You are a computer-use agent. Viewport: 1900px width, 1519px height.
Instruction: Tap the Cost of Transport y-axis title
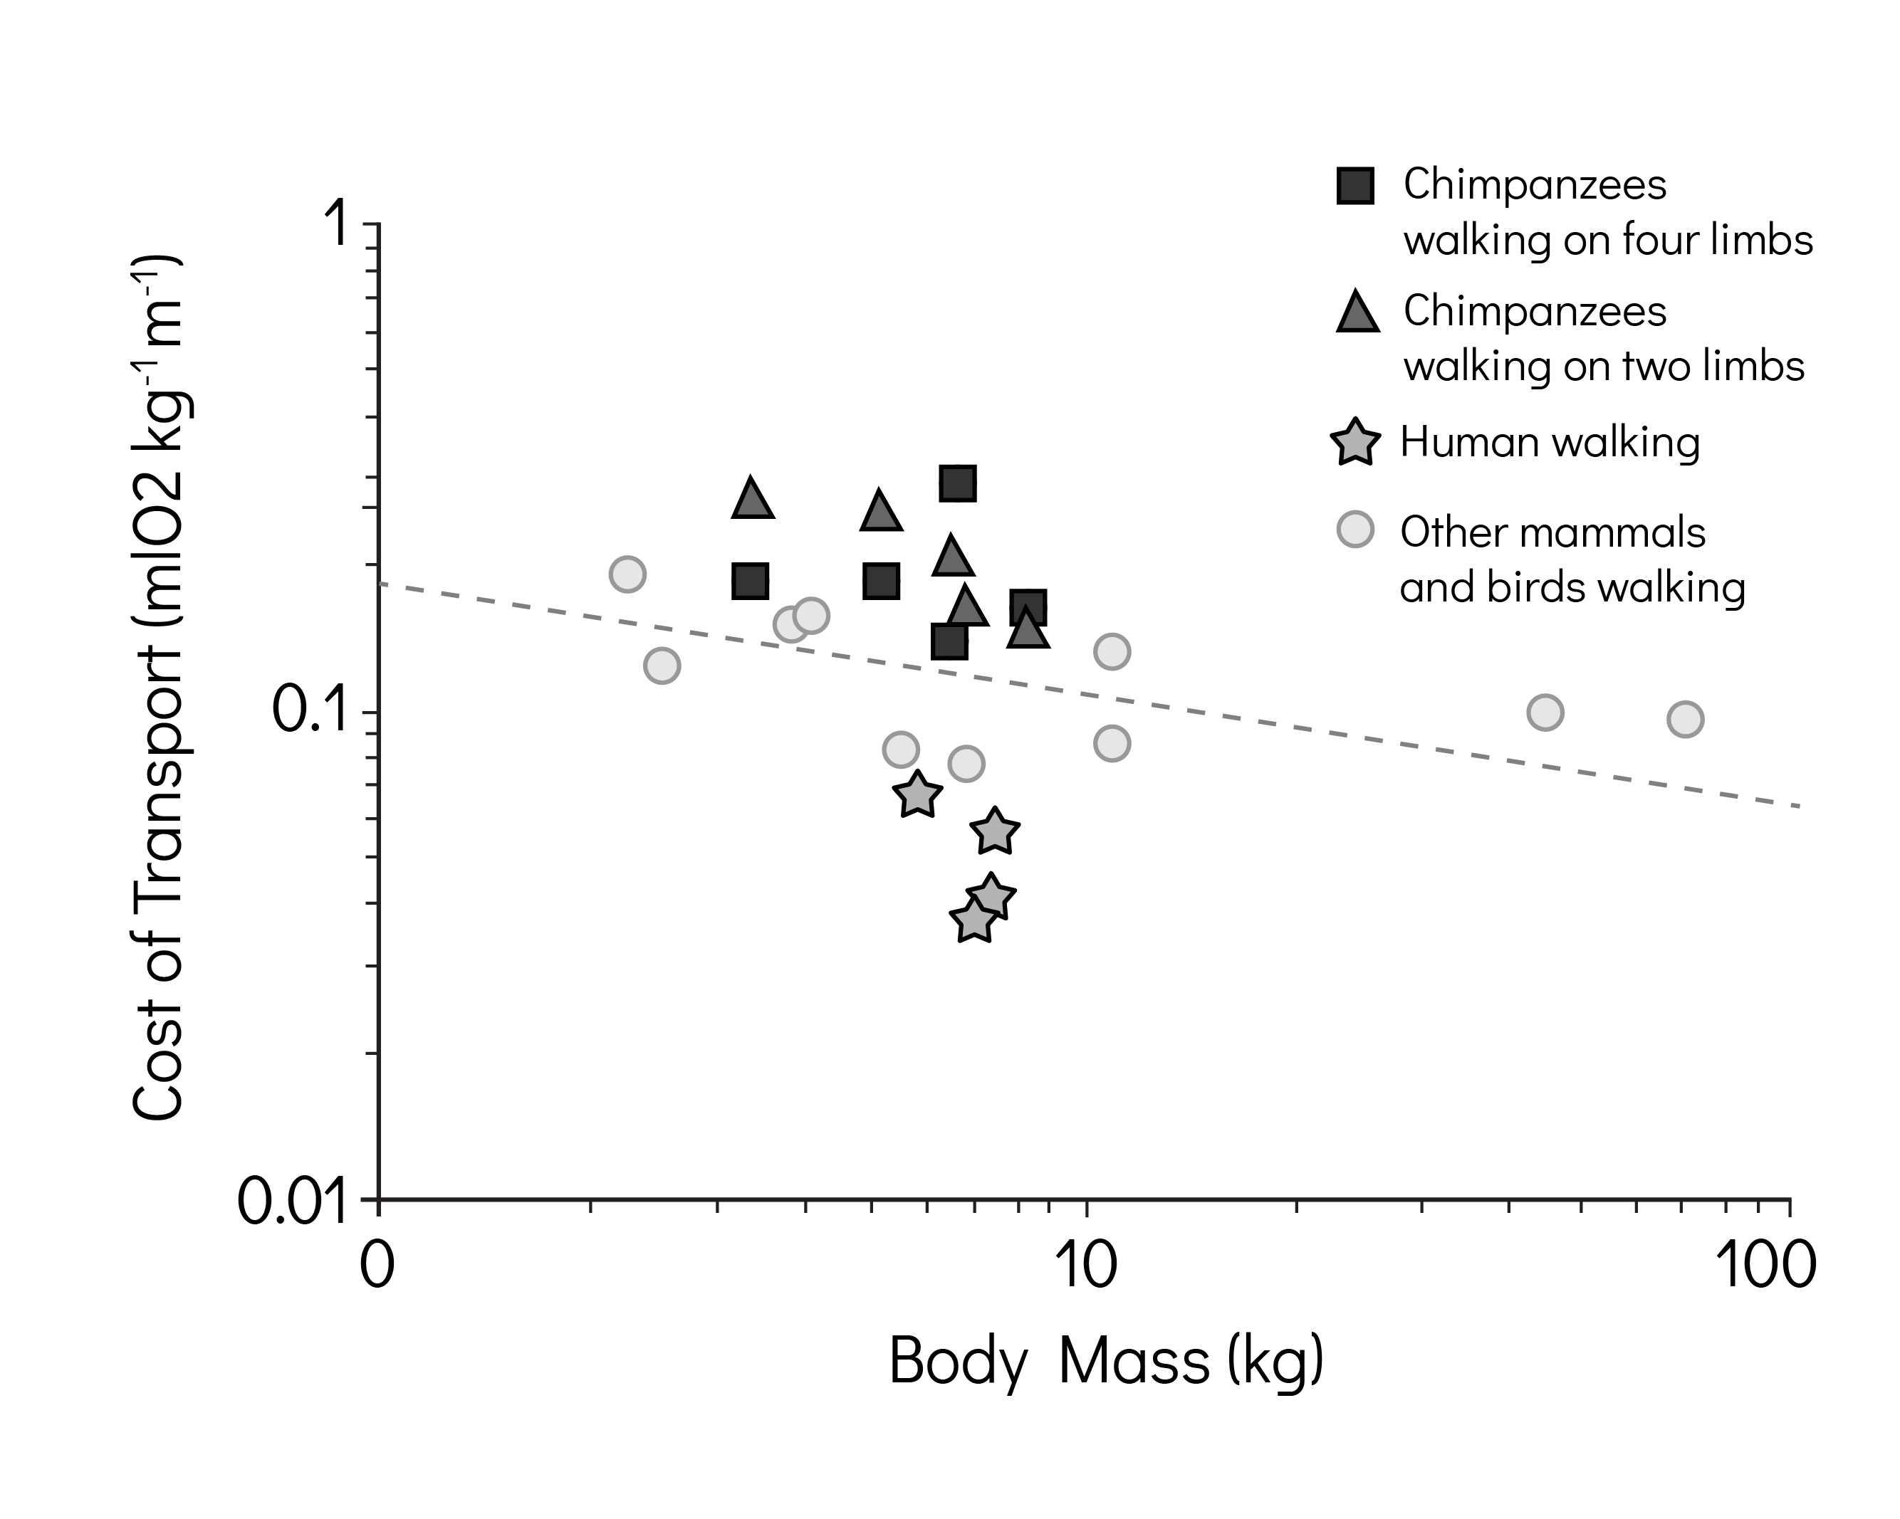tap(159, 687)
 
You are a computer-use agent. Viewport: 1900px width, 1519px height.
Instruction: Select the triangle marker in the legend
tap(1357, 312)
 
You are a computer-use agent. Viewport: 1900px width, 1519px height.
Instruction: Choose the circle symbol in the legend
tap(1355, 530)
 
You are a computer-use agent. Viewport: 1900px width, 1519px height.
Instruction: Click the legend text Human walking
tap(1549, 442)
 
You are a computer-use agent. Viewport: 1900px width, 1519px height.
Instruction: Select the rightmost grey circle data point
tap(1685, 719)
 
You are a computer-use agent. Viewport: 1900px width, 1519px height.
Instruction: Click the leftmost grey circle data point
tap(627, 574)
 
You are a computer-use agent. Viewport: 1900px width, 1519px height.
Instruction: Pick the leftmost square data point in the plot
tap(750, 582)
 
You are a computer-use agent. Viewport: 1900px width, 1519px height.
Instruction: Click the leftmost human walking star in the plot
tap(917, 796)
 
